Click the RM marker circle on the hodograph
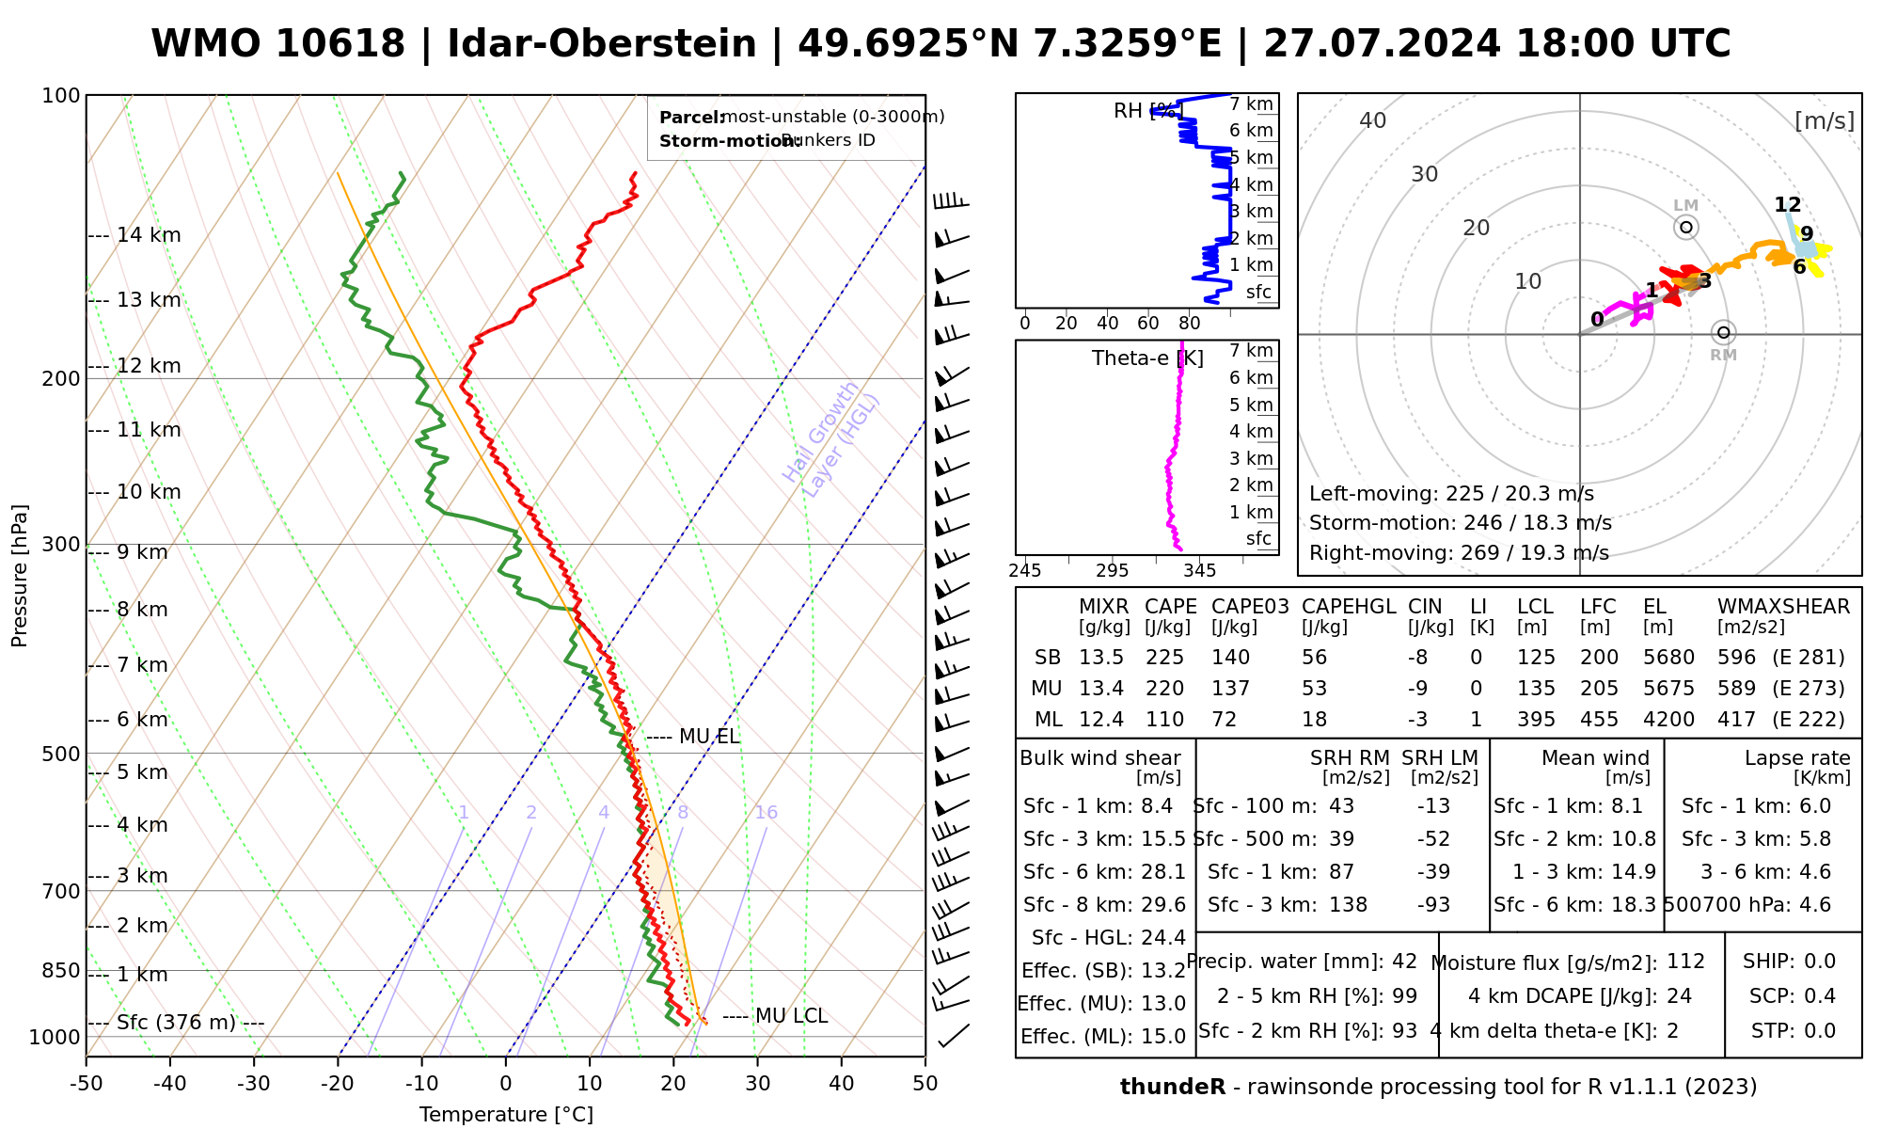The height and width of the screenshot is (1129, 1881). click(1723, 332)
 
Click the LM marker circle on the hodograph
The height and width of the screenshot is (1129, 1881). click(1686, 227)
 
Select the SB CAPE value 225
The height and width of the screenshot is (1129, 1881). click(1164, 658)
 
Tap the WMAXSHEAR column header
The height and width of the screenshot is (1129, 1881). click(1783, 607)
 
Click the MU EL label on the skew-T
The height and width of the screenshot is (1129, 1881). click(709, 737)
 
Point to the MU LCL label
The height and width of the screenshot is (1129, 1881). click(791, 1016)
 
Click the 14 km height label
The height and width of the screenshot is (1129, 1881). click(149, 235)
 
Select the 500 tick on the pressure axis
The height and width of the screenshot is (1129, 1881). click(62, 754)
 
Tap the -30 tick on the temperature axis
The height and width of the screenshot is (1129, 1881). click(254, 1084)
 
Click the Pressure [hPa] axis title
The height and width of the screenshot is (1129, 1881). click(20, 576)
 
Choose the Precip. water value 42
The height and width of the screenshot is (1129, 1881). click(1404, 962)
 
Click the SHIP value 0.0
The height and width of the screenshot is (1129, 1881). click(1820, 962)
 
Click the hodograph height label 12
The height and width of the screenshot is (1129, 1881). click(1787, 205)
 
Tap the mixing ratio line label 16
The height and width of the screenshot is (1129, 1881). click(766, 813)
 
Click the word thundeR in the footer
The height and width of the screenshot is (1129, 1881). click(1172, 1088)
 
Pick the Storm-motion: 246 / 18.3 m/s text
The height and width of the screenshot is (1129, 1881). click(1460, 523)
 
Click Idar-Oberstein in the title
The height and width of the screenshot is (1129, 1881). click(602, 44)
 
